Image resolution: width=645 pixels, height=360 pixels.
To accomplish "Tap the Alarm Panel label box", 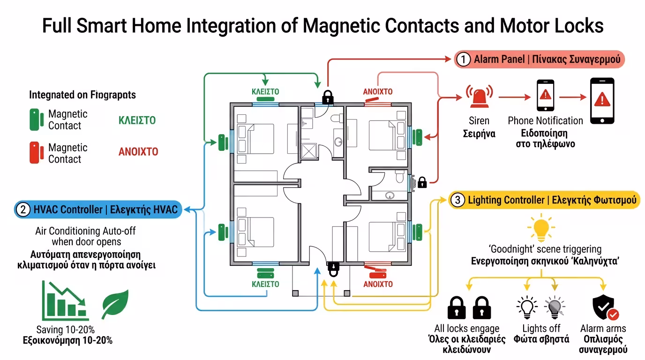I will pos(539,60).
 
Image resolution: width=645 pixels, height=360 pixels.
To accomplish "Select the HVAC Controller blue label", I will pos(98,210).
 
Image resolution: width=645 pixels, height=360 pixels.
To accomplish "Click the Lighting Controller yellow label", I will pos(544,200).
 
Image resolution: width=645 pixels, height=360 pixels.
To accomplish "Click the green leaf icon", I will pos(115,304).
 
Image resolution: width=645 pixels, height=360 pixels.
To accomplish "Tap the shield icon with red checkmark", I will pos(605,307).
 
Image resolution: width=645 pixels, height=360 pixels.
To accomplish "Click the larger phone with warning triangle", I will pos(601,101).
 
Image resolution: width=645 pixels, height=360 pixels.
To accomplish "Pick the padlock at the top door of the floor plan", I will pos(328,97).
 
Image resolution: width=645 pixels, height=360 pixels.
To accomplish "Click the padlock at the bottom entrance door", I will pos(333,269).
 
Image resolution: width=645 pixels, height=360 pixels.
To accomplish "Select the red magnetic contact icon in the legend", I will pos(34,153).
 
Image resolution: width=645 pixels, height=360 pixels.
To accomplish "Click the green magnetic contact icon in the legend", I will pos(34,120).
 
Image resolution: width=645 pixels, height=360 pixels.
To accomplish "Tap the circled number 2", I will pos(22,210).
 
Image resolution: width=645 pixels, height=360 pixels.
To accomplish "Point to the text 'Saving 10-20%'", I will pos(65,330).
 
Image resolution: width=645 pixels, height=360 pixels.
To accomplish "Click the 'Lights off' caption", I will pos(541,328).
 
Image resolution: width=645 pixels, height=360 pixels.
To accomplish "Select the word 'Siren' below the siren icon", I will pos(479,121).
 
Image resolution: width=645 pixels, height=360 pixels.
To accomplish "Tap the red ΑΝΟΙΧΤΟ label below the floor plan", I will pos(378,284).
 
